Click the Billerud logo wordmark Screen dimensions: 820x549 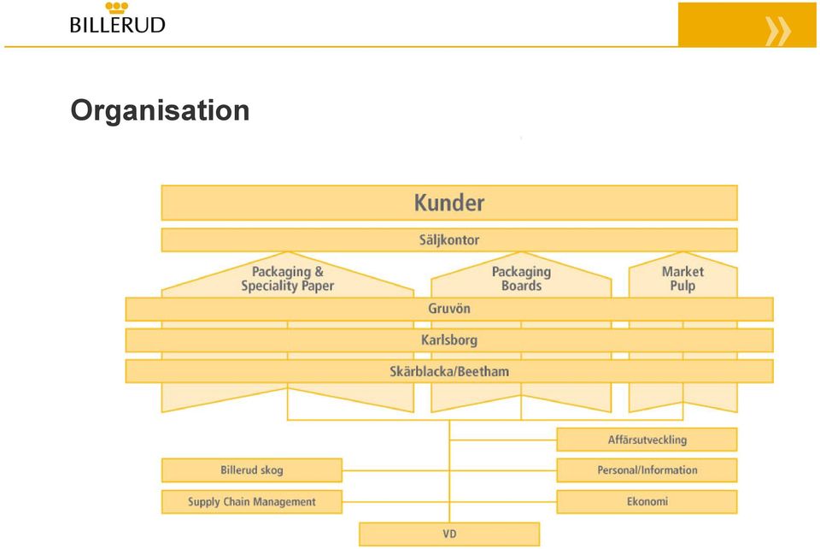click(118, 25)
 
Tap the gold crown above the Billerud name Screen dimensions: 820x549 click(117, 8)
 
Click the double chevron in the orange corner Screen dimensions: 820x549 click(777, 31)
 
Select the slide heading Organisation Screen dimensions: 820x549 click(160, 110)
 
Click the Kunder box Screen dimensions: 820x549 click(449, 203)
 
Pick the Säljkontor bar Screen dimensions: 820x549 click(449, 240)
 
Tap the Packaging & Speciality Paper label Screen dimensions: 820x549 click(288, 279)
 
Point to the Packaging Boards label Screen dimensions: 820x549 click(521, 279)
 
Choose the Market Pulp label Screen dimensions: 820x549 click(682, 279)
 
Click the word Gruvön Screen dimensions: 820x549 click(449, 309)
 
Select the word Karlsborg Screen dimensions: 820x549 click(449, 340)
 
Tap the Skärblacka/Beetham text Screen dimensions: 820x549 click(449, 372)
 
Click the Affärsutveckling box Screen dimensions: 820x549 click(647, 440)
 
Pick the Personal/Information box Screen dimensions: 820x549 click(647, 470)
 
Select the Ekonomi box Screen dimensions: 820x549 click(647, 501)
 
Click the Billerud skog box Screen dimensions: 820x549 click(251, 470)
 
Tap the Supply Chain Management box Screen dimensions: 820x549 click(251, 501)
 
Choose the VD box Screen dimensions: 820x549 click(449, 534)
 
